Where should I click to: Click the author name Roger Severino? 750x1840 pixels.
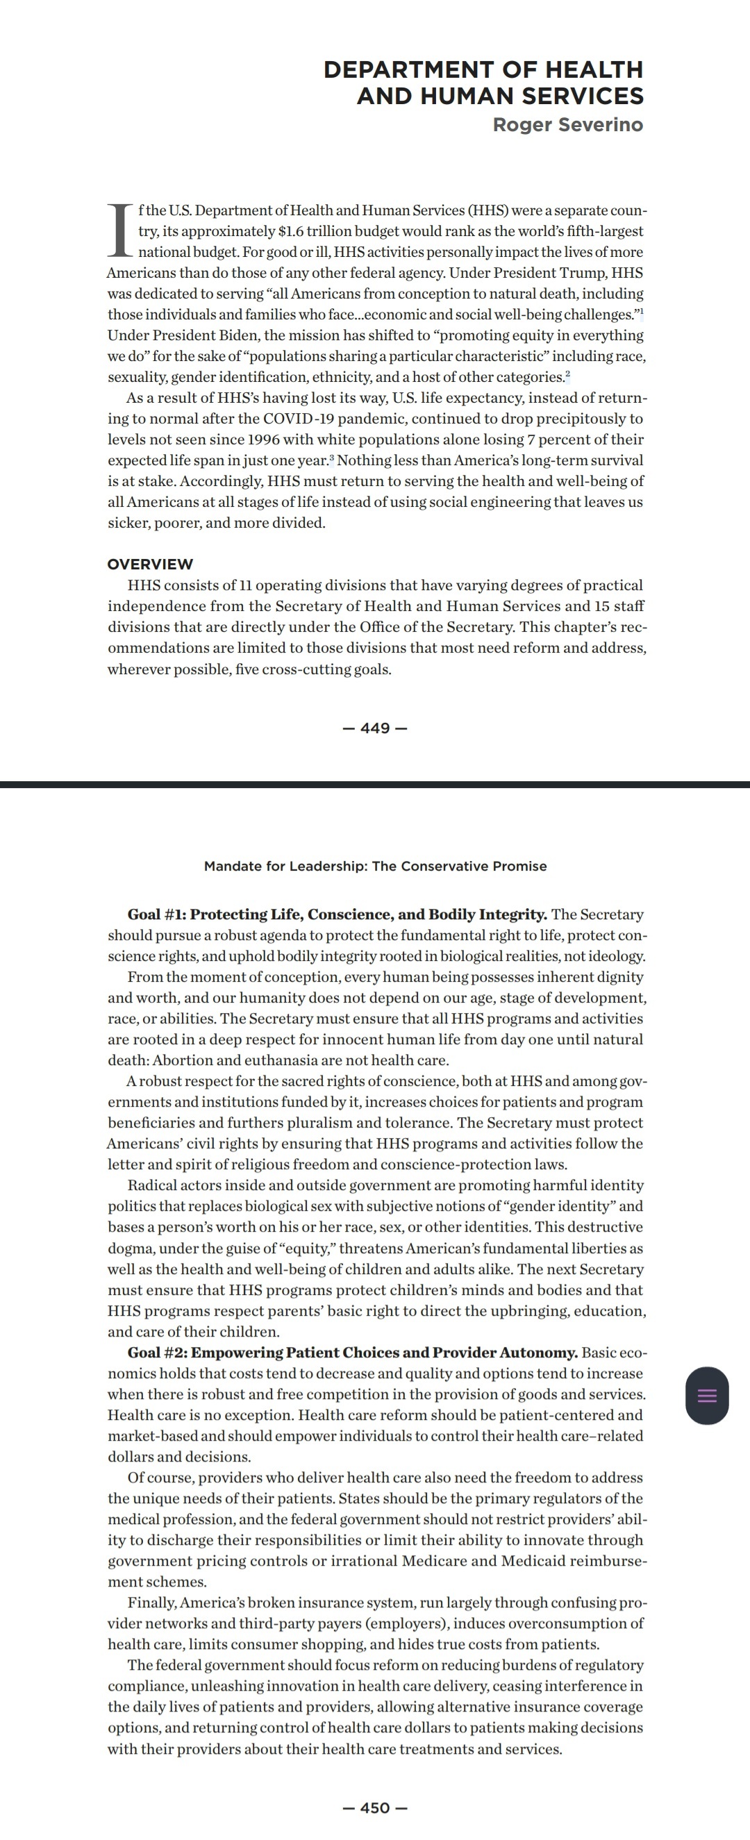[x=568, y=125]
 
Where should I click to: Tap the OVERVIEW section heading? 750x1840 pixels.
[x=150, y=564]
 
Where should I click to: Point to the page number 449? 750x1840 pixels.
[x=375, y=728]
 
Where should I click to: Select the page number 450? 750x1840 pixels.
[x=375, y=1808]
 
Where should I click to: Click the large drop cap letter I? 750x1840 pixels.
[x=120, y=230]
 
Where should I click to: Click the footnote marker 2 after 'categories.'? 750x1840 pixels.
[x=568, y=374]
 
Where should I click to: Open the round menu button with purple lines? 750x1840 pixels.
[x=706, y=1396]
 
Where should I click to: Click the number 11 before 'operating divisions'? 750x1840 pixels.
[x=245, y=585]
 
